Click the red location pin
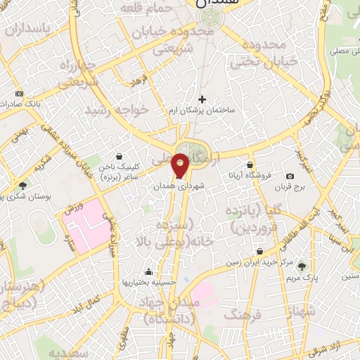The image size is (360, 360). [181, 165]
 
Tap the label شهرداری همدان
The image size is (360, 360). [176, 188]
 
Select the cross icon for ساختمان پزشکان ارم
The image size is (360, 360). [202, 100]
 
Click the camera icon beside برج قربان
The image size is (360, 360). [290, 176]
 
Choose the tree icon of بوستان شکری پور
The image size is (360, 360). [23, 186]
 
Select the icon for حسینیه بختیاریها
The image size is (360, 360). [148, 272]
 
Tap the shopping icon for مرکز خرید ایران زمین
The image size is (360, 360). [260, 251]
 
